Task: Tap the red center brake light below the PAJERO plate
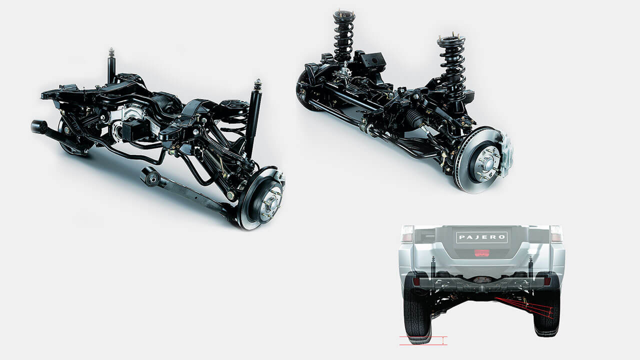(482, 253)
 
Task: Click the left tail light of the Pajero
(407, 233)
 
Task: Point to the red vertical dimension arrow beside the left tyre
(443, 341)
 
